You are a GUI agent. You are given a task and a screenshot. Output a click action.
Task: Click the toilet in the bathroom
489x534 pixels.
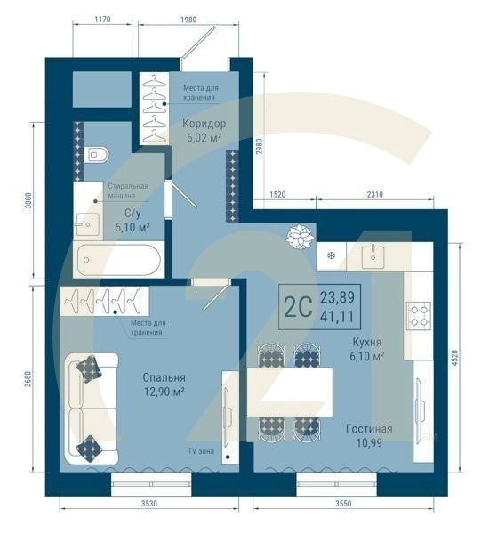point(98,155)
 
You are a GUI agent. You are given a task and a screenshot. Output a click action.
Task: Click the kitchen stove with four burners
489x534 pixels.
point(418,313)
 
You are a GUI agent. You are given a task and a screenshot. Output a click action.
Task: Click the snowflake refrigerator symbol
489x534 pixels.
point(332,256)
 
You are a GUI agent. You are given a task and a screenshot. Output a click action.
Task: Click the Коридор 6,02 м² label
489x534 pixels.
point(204,131)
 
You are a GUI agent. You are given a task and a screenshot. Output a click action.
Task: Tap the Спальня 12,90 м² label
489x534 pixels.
point(164,384)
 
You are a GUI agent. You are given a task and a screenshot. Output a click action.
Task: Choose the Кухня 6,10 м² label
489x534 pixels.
point(365,349)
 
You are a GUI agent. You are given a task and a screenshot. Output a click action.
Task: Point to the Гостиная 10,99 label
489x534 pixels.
point(369,435)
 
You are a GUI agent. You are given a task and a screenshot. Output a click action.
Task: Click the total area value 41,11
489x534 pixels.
point(338,317)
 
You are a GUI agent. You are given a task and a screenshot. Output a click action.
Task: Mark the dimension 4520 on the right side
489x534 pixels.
point(454,359)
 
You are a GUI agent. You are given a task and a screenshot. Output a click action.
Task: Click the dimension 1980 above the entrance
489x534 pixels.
point(188,20)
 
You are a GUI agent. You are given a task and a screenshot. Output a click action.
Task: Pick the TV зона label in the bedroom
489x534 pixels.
point(200,451)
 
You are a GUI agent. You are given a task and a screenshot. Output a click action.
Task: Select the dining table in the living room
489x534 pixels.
point(290,392)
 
